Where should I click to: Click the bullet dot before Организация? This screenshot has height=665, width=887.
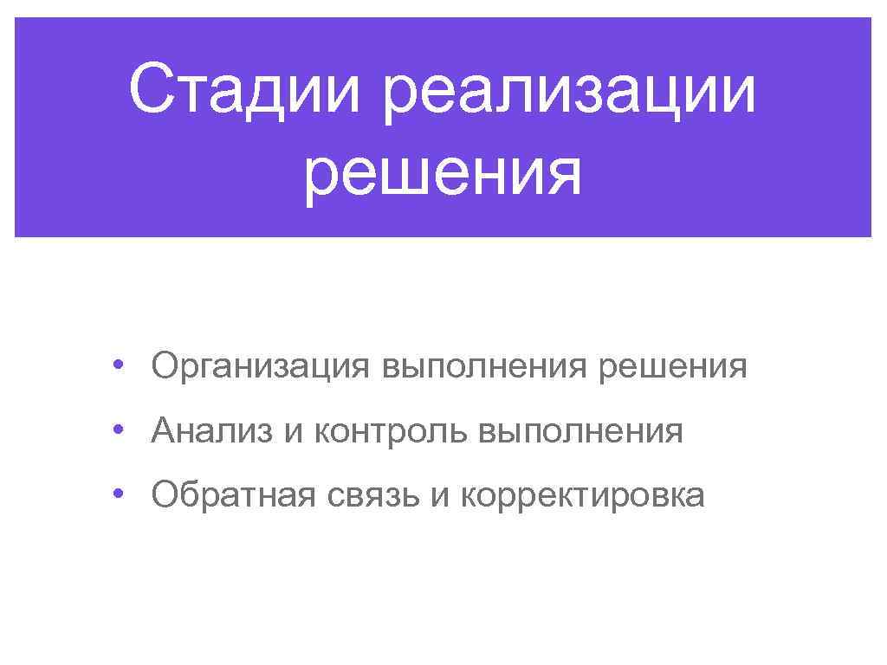tap(117, 365)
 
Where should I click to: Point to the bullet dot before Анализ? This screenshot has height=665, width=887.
tap(117, 429)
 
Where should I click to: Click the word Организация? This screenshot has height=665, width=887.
tap(260, 366)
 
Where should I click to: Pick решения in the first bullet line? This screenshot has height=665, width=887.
tap(672, 366)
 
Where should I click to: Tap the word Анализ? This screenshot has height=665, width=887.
tap(211, 430)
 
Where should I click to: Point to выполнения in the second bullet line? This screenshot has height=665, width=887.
tap(580, 430)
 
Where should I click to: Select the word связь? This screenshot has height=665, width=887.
tap(372, 494)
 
